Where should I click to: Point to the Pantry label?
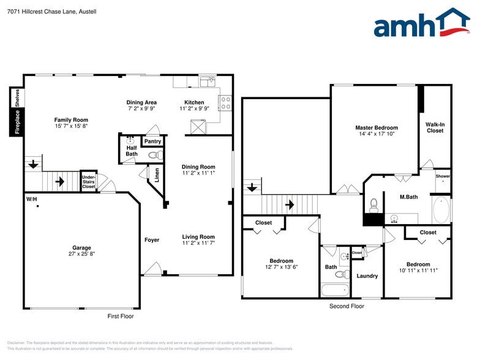[152, 141]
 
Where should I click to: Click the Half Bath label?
[131, 151]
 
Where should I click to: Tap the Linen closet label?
[157, 175]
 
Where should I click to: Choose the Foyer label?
[152, 240]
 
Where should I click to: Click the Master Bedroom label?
[377, 128]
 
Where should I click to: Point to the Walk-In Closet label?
[435, 127]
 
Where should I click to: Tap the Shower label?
[443, 176]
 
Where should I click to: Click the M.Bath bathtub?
[441, 209]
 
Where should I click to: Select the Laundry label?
[367, 276]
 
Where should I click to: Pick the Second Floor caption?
[347, 306]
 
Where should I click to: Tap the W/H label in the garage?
[31, 200]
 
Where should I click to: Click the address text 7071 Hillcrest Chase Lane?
[43, 12]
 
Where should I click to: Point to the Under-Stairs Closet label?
[89, 181]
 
